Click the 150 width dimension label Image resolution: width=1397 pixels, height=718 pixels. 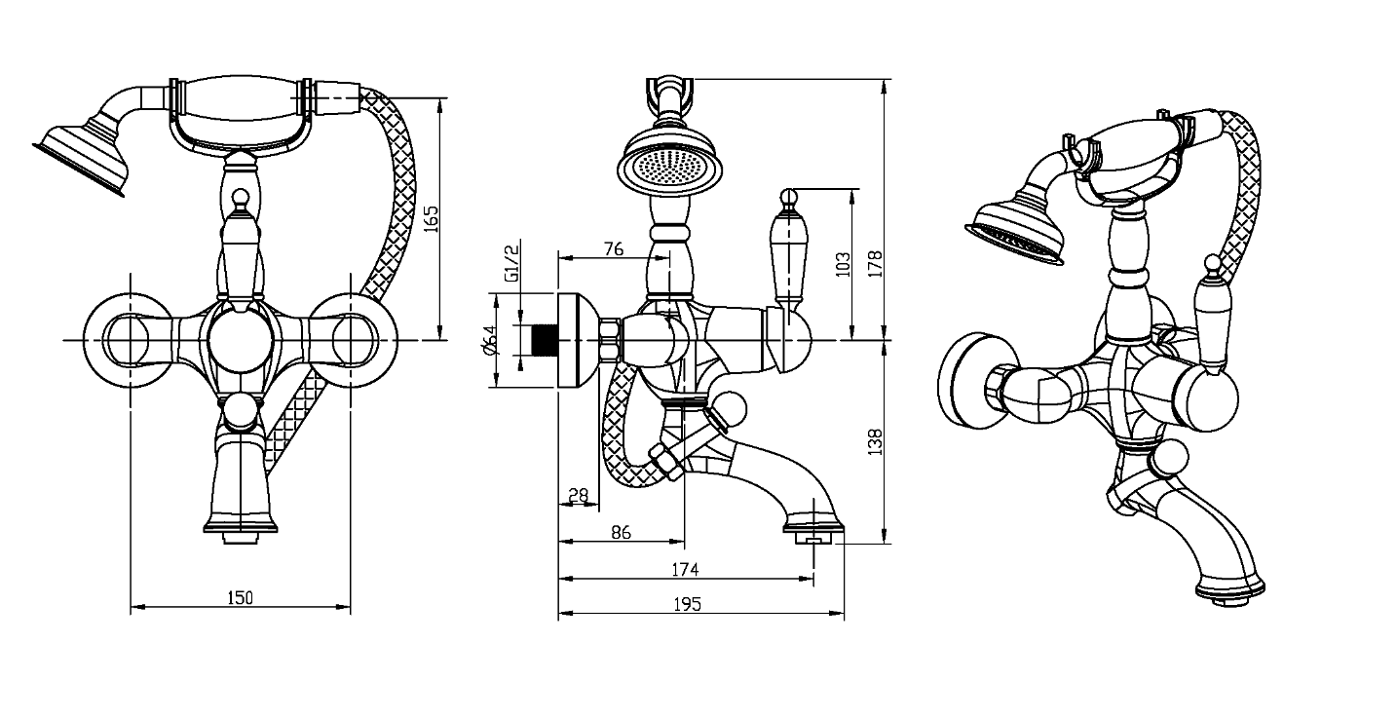tap(240, 597)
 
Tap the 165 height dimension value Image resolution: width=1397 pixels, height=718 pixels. tap(431, 219)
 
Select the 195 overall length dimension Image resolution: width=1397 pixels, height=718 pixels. tap(687, 604)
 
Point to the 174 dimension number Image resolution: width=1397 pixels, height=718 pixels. tap(685, 569)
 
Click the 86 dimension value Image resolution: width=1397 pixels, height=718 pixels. tap(622, 532)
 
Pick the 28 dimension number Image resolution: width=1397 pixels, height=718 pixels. tap(579, 495)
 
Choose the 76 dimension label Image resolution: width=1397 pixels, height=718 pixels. tap(614, 248)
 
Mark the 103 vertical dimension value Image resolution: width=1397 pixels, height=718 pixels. tap(843, 264)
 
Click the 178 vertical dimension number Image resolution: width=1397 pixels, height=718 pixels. tap(876, 264)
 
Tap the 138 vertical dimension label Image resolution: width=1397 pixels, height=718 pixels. tap(876, 441)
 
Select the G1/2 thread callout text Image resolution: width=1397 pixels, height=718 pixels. tap(511, 263)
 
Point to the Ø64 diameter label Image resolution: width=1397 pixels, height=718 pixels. tap(490, 341)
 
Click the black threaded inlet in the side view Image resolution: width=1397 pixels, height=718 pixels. tap(544, 341)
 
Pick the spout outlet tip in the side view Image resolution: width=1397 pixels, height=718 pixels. tap(813, 539)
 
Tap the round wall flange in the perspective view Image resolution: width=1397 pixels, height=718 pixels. tap(969, 381)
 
